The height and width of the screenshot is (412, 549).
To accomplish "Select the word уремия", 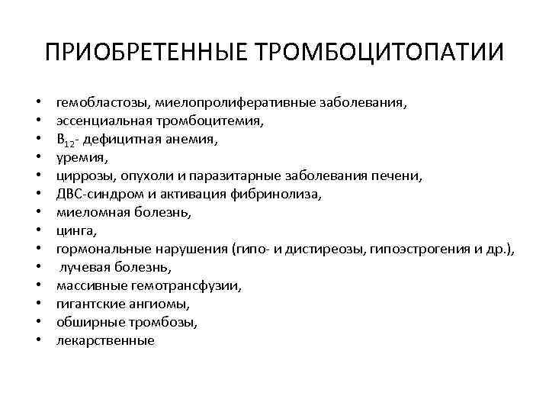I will pos(80,157).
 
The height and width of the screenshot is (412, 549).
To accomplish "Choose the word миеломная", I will pos(89,212).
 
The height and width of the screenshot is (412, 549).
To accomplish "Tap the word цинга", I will pos(75,230).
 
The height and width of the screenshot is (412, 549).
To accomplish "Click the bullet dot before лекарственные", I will pos(37,341).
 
